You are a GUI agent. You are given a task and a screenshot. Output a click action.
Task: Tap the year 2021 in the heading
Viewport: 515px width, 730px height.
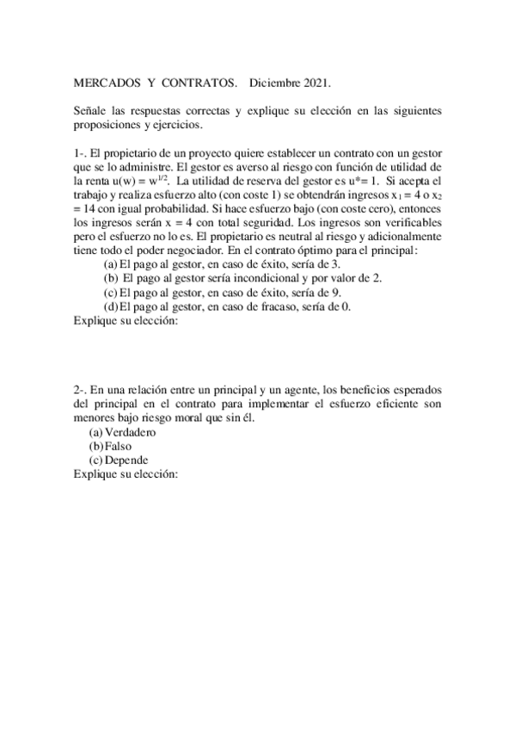315,84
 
